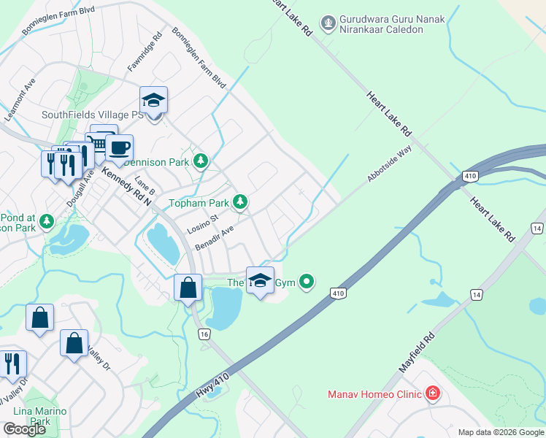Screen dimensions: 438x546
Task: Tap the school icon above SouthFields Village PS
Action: point(154,100)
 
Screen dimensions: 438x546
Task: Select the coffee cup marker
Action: point(119,148)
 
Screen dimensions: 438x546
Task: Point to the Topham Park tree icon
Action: point(239,202)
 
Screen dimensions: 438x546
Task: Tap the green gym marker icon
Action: point(308,281)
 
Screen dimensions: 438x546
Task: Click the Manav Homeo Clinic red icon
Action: point(433,394)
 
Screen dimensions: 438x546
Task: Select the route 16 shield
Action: point(204,334)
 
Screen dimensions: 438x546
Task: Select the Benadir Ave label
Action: point(214,238)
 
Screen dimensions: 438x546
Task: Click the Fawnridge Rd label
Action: point(145,53)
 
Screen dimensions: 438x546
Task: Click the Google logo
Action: point(24,429)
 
